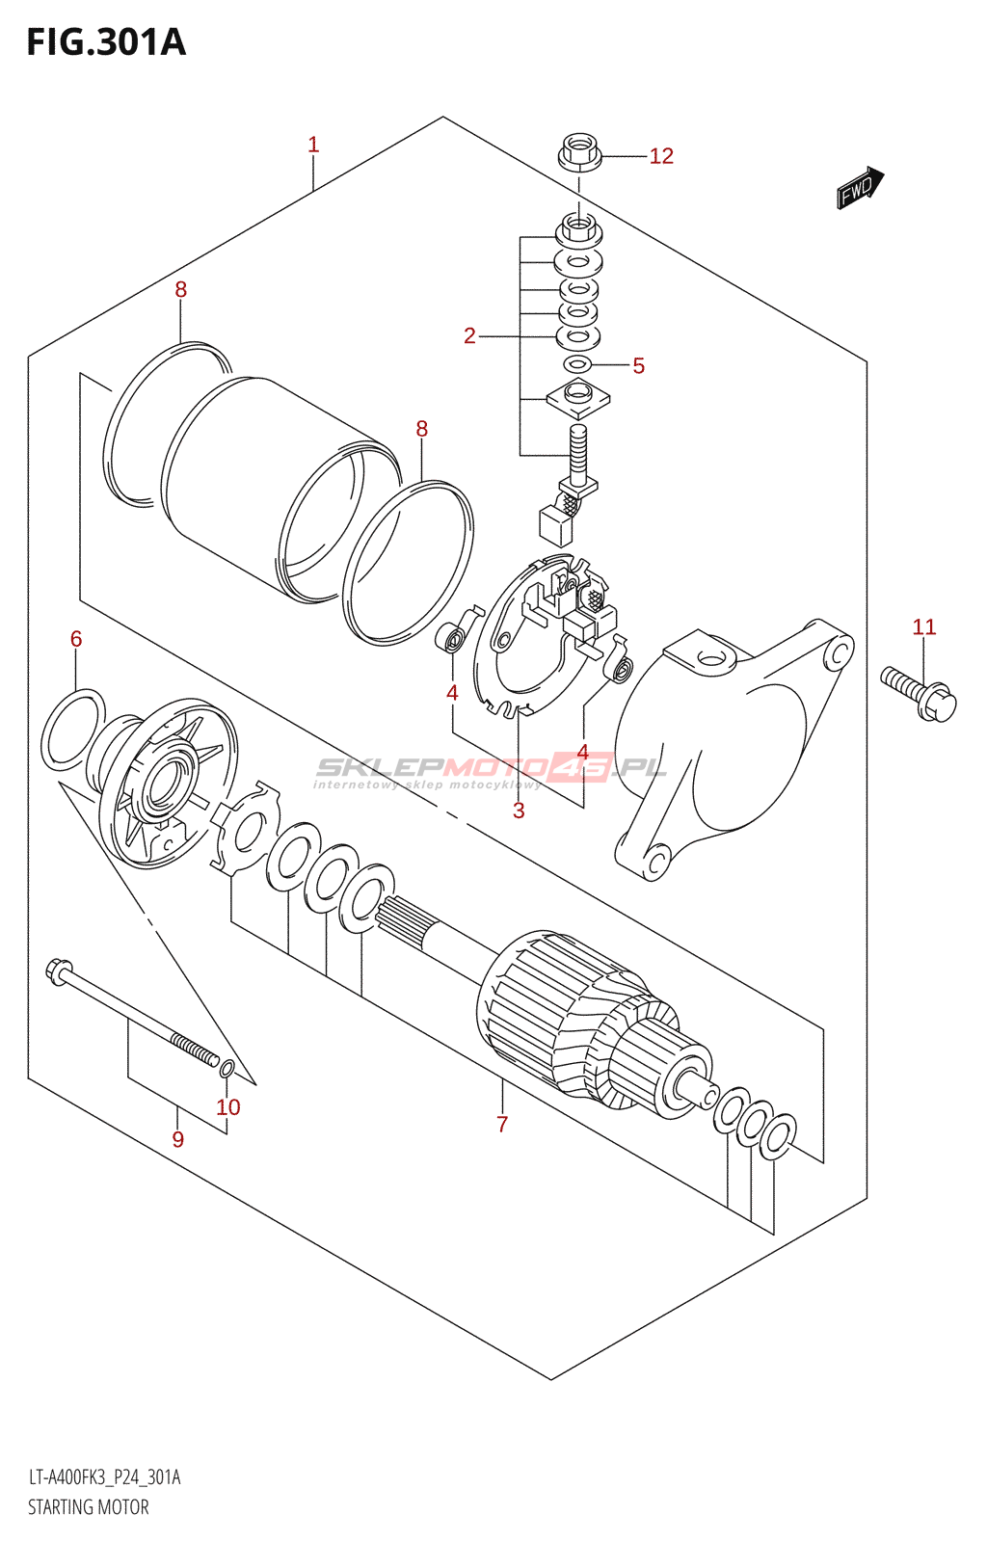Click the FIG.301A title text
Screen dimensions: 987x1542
(x=106, y=42)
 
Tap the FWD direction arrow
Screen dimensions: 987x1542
(x=861, y=187)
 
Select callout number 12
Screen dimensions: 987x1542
(x=661, y=156)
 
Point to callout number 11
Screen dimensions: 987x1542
(x=924, y=627)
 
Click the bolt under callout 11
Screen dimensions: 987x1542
(x=919, y=693)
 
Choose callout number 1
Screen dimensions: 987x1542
(x=313, y=145)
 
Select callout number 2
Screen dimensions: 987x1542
(x=469, y=336)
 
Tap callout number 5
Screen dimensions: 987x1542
(x=639, y=365)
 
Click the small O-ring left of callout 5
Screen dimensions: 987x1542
(x=577, y=364)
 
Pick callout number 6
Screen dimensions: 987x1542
(x=76, y=639)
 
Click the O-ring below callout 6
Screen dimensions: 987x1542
(x=73, y=730)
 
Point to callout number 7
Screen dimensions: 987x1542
(x=502, y=1124)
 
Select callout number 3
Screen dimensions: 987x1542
(x=519, y=811)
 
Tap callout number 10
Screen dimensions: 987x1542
(x=228, y=1107)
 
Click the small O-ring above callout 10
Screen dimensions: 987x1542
(x=227, y=1070)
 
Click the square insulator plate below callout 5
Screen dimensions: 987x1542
(x=578, y=398)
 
